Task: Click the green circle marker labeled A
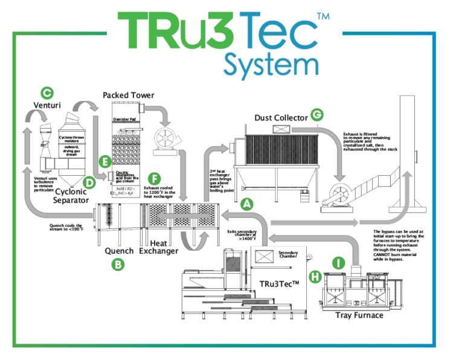(x=246, y=204)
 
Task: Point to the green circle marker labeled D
(x=89, y=181)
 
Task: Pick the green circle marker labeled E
(x=106, y=161)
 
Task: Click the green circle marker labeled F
(x=155, y=179)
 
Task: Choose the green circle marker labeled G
(x=316, y=114)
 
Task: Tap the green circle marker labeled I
(x=339, y=263)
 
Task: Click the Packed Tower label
(x=128, y=95)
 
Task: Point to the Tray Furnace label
(x=359, y=315)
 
